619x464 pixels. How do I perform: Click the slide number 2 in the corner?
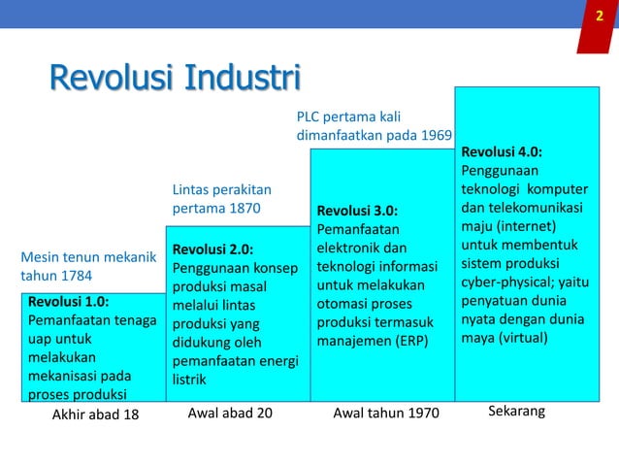click(x=599, y=16)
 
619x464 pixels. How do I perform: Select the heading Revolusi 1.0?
click(x=69, y=301)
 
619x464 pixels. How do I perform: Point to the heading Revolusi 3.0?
click(x=357, y=211)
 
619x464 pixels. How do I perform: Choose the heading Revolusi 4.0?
click(x=502, y=151)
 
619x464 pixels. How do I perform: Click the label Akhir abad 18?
click(x=95, y=414)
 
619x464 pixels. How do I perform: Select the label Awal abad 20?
click(x=230, y=413)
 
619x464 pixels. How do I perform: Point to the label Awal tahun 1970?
click(x=386, y=414)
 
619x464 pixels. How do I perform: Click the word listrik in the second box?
click(x=189, y=380)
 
